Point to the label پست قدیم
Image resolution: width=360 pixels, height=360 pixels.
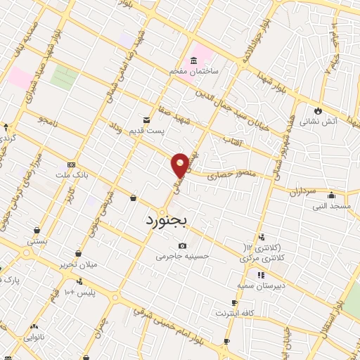(x=150, y=131)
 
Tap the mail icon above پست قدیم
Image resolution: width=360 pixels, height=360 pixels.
(x=146, y=120)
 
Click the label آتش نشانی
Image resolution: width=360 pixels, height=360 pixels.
(x=319, y=122)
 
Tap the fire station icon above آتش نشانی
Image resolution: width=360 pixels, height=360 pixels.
(x=318, y=110)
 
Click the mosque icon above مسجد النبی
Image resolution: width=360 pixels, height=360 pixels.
(x=331, y=195)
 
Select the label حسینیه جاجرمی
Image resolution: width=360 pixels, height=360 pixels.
(x=183, y=257)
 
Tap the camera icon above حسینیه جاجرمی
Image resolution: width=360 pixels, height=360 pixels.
(x=183, y=245)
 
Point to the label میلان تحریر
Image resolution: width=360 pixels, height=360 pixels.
(x=79, y=264)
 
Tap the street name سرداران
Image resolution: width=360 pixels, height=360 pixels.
(x=304, y=191)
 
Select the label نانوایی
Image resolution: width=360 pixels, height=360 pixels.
(x=34, y=337)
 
